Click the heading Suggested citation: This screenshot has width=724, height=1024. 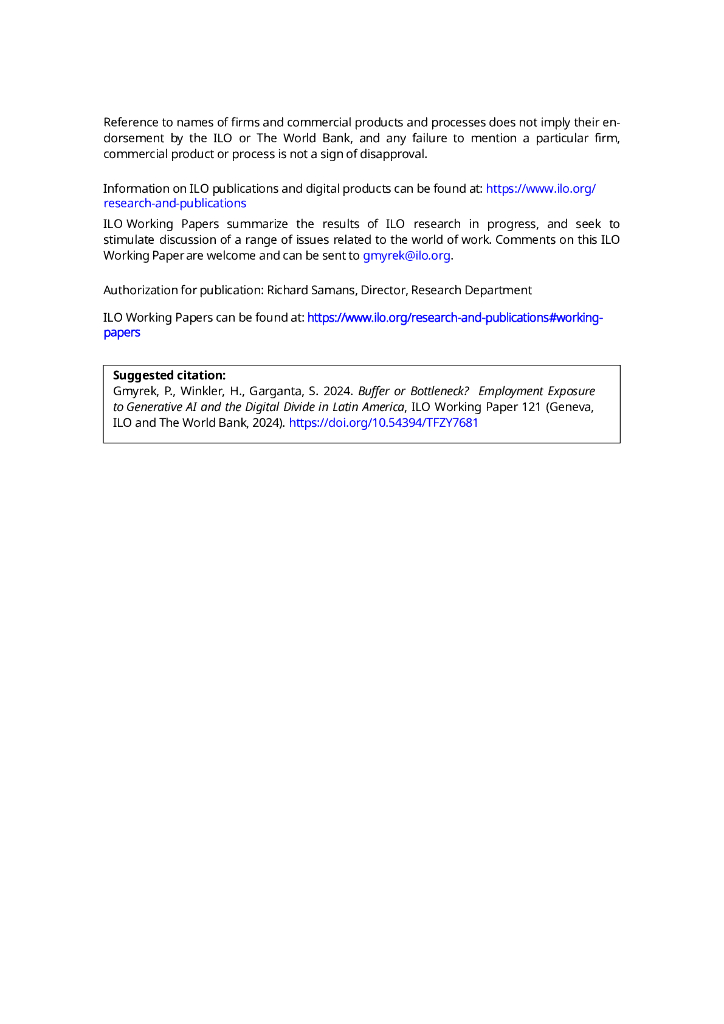coord(169,375)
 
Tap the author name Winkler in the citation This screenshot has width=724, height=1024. coord(183,391)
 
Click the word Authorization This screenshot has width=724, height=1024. coord(141,290)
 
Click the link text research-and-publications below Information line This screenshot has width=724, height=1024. coord(175,203)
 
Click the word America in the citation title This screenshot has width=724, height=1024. coord(381,407)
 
